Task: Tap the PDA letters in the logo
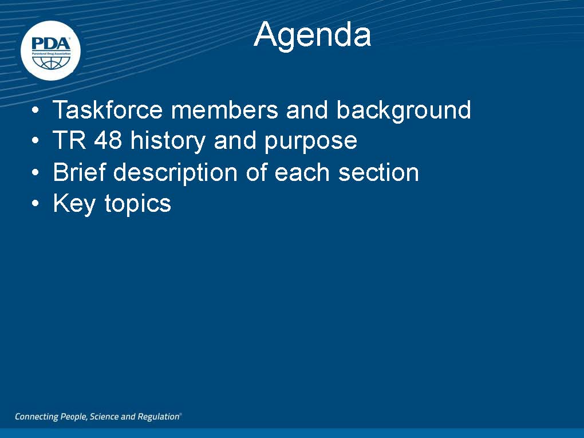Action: coord(50,44)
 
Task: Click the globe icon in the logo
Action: coord(50,62)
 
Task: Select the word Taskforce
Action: coord(108,110)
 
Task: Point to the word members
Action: coord(224,110)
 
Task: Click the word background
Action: coord(404,111)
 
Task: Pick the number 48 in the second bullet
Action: coord(108,140)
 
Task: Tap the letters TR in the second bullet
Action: coord(69,140)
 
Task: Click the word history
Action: coord(168,141)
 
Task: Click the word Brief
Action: coord(79,172)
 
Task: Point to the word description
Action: coord(175,173)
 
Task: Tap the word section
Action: coord(378,172)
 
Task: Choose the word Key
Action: coord(74,204)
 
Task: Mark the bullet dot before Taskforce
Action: coord(35,111)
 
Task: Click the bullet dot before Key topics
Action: coord(35,203)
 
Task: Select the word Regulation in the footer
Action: coord(159,417)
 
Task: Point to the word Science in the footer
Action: coord(104,416)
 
